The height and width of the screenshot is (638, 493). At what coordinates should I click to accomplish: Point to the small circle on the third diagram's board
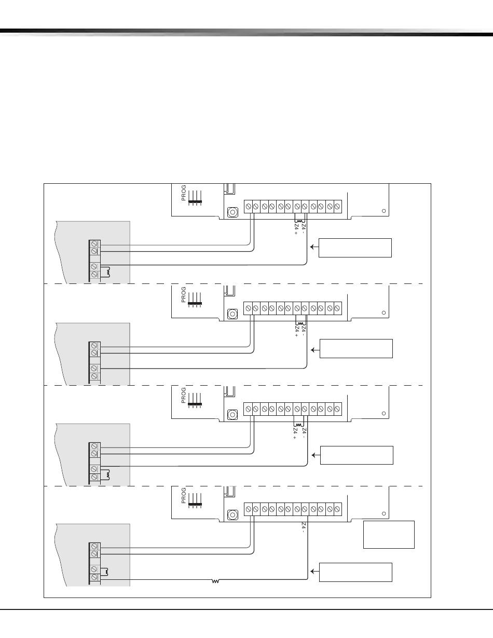click(x=384, y=414)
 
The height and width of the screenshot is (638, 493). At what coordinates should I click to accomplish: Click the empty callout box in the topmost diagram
click(x=354, y=248)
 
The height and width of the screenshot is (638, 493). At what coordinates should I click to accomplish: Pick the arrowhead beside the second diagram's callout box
click(x=312, y=349)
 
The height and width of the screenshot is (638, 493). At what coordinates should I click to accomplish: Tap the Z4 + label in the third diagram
click(x=295, y=434)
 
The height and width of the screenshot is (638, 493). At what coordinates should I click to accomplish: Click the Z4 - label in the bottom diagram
click(x=303, y=528)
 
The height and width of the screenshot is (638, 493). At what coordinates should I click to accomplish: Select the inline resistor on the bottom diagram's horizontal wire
click(x=216, y=581)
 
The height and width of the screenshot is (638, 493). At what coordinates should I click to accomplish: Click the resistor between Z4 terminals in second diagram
click(x=299, y=323)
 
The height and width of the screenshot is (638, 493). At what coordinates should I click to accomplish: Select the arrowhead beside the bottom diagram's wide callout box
click(x=312, y=572)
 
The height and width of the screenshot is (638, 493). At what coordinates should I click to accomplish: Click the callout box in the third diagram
click(x=357, y=455)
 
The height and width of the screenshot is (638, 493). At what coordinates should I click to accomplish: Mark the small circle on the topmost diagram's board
click(x=384, y=211)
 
